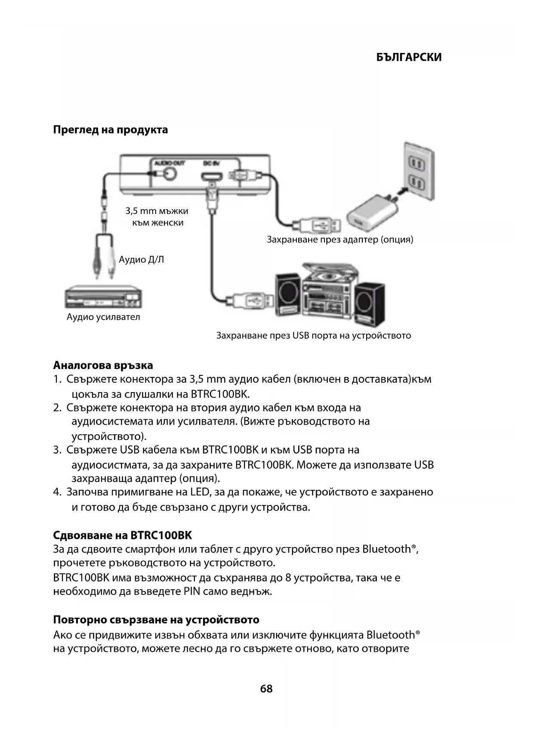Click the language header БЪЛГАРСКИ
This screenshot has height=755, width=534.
408,57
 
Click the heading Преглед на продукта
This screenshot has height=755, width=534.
110,130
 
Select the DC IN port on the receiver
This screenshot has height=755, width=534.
211,177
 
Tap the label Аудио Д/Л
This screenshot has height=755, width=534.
141,260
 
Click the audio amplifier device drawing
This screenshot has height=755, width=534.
103,297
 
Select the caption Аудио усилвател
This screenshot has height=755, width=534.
103,317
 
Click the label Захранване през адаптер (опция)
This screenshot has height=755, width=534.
340,239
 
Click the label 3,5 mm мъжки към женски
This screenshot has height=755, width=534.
157,217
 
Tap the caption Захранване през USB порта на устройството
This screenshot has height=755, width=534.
313,335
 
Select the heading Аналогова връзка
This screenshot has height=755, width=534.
103,365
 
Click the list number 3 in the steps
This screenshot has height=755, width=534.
57,450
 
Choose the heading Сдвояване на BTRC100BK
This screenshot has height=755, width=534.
122,535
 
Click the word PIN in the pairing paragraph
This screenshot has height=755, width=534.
192,591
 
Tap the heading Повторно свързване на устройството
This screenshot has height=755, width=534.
156,620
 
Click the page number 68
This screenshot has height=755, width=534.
266,689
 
